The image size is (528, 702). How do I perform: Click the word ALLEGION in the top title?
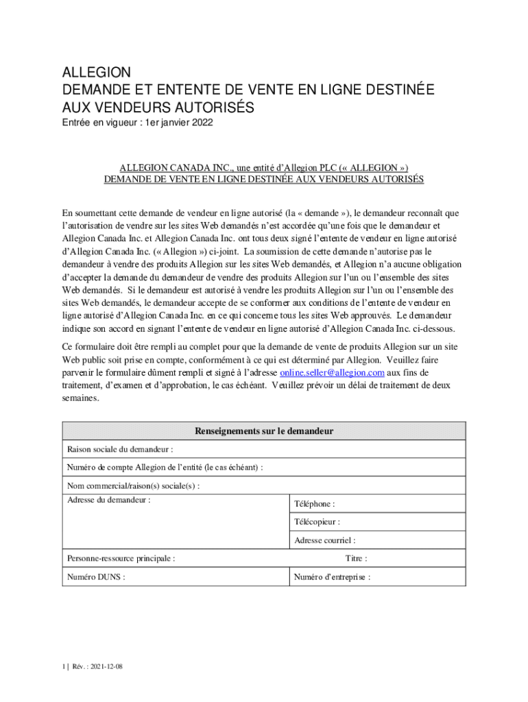(x=96, y=73)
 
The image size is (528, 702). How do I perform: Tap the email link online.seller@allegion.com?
(x=332, y=372)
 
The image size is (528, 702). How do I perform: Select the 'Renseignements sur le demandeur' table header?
(x=264, y=431)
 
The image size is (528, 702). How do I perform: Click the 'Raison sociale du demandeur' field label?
(x=120, y=450)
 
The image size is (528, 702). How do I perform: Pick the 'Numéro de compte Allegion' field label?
(x=165, y=468)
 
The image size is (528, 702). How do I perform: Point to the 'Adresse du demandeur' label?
(x=109, y=500)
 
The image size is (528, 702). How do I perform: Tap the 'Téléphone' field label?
(x=315, y=504)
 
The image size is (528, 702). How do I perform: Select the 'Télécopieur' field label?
(x=317, y=522)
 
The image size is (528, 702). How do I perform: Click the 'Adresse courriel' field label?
(x=325, y=541)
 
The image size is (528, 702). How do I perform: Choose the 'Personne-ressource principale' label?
(x=121, y=559)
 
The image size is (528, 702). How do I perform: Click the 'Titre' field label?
(x=356, y=559)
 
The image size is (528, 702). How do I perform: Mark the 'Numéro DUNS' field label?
(x=96, y=577)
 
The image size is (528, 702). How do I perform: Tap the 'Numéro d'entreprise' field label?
(x=333, y=577)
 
